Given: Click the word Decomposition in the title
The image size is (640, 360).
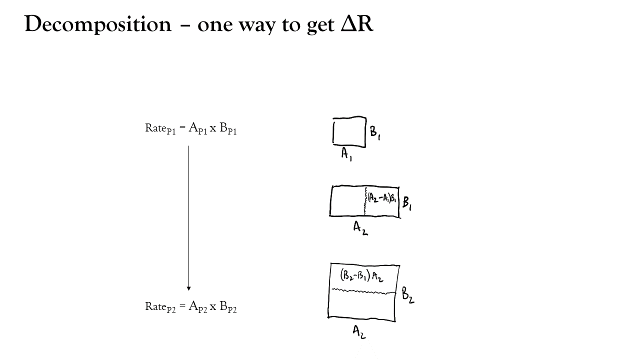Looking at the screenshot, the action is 98,25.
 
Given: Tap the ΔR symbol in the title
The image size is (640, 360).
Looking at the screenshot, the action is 357,23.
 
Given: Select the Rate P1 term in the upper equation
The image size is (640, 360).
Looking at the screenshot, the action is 160,128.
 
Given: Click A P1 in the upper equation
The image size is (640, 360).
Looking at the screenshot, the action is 197,128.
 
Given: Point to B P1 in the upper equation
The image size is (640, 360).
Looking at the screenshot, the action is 228,128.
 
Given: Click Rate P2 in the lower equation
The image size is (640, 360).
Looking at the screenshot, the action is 160,307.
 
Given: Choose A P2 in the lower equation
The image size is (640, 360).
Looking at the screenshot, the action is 197,307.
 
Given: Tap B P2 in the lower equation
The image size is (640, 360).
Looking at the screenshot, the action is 228,307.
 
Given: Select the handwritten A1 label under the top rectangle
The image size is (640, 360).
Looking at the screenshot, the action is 346,154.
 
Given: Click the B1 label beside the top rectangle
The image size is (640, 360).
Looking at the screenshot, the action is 375,133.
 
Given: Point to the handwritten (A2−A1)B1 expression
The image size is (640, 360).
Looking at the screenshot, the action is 381,197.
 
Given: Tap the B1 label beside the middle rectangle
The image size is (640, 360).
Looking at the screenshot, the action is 407,203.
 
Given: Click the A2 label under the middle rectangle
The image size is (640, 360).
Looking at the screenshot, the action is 360,228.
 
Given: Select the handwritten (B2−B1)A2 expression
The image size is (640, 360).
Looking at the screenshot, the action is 361,276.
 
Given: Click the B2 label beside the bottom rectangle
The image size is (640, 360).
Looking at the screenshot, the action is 407,295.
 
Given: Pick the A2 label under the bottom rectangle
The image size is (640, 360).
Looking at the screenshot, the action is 359,332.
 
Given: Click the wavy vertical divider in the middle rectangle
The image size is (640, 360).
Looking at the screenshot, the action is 365,201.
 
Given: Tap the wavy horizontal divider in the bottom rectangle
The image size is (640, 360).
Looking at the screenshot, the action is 363,291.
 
